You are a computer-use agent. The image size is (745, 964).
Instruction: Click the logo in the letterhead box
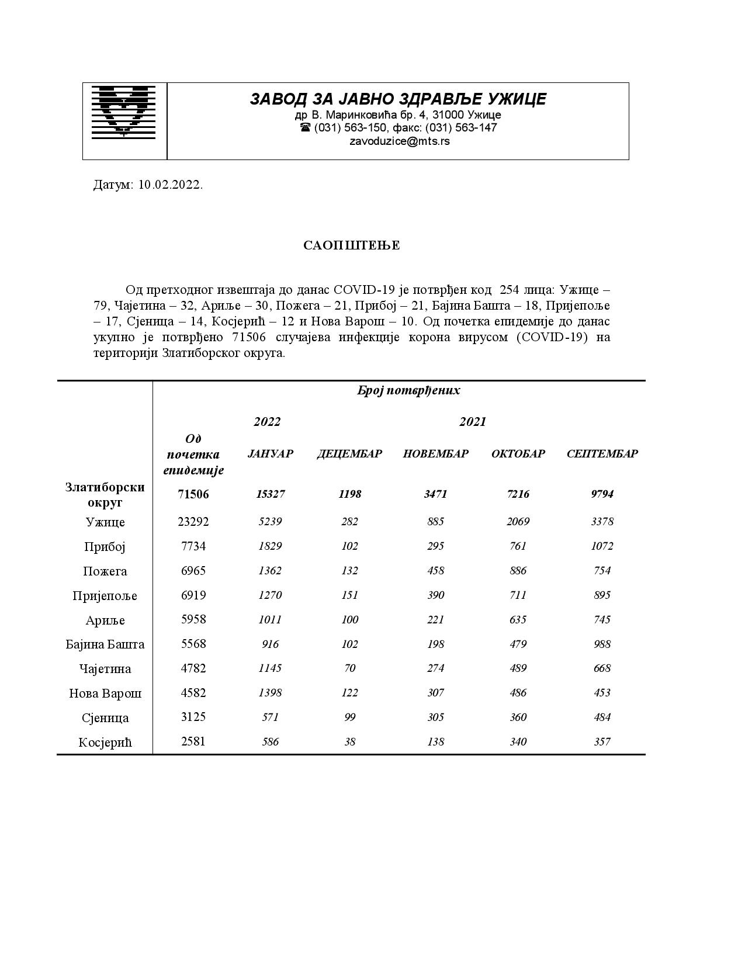click(124, 112)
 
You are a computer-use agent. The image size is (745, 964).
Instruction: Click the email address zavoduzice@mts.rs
click(399, 141)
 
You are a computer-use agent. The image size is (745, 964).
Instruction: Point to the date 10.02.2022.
click(170, 185)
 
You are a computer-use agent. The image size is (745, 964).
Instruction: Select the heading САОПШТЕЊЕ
click(351, 245)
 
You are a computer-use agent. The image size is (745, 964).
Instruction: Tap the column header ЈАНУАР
click(271, 454)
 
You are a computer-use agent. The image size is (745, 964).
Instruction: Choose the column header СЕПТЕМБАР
click(602, 454)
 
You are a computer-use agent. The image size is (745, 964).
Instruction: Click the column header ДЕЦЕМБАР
click(349, 454)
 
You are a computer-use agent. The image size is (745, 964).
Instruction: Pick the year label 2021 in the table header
click(472, 422)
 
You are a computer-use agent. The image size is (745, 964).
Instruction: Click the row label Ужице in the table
click(105, 522)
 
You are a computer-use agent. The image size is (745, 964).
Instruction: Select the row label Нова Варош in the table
click(105, 693)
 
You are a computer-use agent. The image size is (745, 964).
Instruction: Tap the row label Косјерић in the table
click(105, 743)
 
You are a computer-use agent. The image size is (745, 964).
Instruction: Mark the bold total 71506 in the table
click(193, 494)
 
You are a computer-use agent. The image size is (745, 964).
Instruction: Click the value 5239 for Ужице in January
click(270, 522)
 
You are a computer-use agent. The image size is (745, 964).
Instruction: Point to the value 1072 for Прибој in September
click(602, 546)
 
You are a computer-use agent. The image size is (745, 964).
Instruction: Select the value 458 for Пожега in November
click(435, 571)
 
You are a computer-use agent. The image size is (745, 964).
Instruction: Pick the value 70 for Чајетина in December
click(349, 668)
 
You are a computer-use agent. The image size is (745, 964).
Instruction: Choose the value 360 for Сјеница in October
click(518, 717)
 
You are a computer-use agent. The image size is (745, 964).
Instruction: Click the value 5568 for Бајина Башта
click(193, 644)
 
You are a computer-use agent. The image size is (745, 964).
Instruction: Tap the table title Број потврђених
click(408, 391)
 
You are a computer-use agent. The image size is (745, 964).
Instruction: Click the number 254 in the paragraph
click(510, 290)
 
